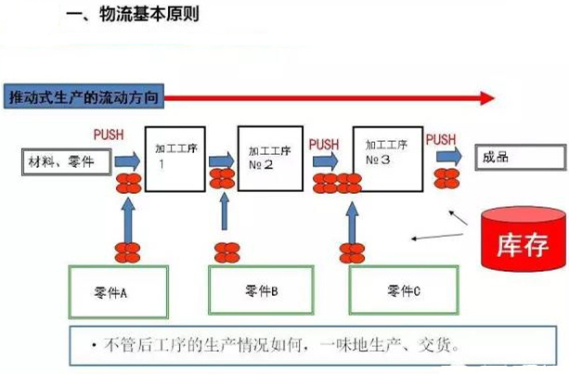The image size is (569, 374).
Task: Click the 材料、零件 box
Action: tap(64, 163)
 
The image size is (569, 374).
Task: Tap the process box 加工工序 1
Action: tap(174, 156)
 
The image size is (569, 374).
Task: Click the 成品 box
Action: tap(516, 159)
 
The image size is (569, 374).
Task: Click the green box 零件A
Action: tap(117, 290)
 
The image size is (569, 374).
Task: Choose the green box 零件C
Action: tap(403, 290)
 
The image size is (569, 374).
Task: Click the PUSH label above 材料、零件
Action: tap(109, 135)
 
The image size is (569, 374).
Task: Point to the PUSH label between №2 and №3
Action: tap(324, 144)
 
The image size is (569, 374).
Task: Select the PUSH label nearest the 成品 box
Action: tap(441, 139)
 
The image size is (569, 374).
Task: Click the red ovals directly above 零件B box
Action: tap(226, 251)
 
